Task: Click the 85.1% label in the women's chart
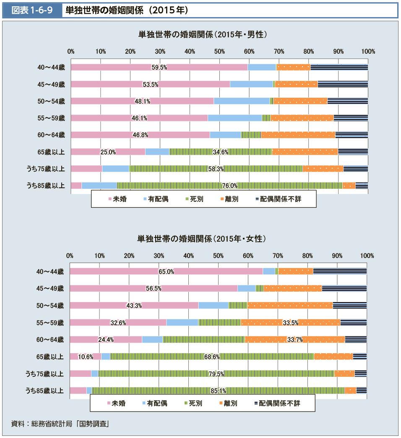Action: tap(218, 391)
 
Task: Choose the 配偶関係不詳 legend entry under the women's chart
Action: tap(278, 404)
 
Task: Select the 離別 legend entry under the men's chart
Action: tap(229, 199)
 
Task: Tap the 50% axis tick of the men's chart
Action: tap(219, 52)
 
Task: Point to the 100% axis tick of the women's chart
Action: tap(367, 256)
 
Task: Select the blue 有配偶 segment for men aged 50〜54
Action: tap(242, 101)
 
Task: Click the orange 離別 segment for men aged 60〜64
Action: tap(298, 135)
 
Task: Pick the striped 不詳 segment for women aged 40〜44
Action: tap(340, 271)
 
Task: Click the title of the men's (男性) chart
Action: tap(203, 34)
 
